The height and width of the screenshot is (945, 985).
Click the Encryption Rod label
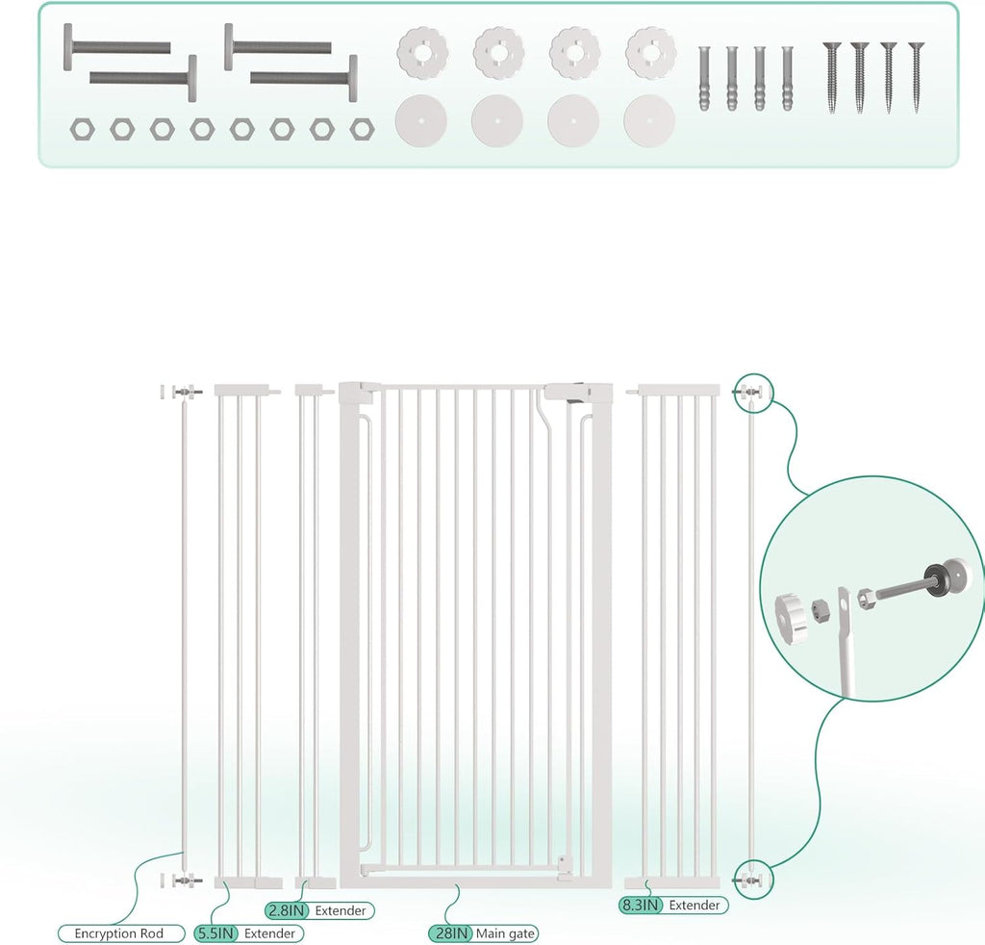click(x=118, y=932)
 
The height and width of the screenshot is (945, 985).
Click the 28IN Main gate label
click(x=483, y=932)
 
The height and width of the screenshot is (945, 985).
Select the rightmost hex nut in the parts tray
click(x=361, y=128)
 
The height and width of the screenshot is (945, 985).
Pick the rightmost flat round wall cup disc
click(x=648, y=119)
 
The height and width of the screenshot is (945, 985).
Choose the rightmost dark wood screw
click(x=916, y=77)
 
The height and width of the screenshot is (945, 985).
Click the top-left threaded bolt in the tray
click(x=115, y=45)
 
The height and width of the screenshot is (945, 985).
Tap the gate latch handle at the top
click(x=577, y=393)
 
